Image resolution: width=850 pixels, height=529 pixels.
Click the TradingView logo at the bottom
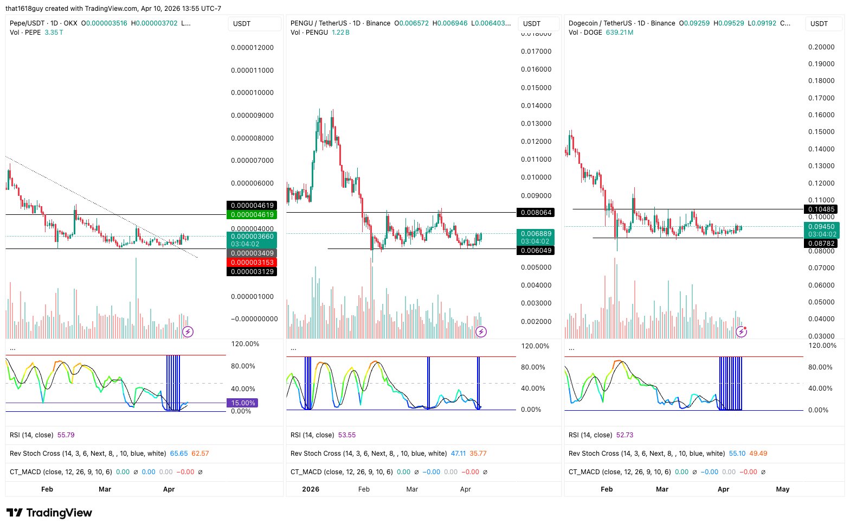point(49,513)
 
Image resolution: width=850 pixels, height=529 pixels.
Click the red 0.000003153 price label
point(252,263)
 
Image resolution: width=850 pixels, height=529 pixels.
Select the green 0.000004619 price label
point(252,215)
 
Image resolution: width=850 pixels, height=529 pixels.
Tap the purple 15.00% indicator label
point(242,403)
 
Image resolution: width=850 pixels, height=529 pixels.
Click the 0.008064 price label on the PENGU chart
point(536,213)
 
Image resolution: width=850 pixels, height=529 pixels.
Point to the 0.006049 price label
point(536,251)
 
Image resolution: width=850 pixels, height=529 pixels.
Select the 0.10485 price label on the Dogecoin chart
point(821,209)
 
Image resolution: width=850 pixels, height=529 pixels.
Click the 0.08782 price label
point(821,244)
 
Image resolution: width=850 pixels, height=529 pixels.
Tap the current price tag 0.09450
point(821,227)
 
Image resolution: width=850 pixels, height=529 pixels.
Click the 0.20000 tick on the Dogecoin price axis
point(821,47)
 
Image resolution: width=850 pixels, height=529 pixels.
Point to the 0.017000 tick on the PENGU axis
point(536,52)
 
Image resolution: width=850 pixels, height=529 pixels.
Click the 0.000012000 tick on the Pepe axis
point(252,48)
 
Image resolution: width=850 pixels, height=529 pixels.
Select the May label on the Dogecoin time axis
point(782,489)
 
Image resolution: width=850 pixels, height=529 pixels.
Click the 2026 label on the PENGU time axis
point(311,489)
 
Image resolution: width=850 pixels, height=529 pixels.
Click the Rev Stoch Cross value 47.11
point(458,454)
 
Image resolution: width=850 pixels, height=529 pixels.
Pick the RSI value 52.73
point(624,435)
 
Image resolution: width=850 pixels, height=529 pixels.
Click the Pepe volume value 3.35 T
point(54,33)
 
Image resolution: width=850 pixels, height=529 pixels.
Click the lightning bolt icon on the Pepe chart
point(188,332)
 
